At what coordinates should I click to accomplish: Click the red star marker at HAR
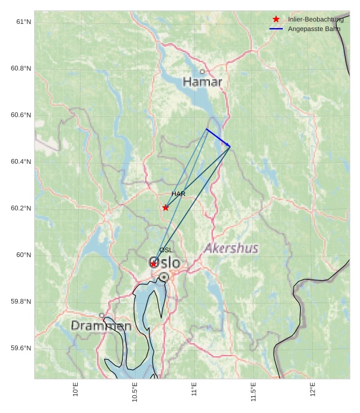(166, 207)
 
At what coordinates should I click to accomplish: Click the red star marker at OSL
(154, 264)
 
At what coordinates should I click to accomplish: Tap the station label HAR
(178, 194)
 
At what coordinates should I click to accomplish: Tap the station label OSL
(166, 250)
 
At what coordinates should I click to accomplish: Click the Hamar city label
(202, 82)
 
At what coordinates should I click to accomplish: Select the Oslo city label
(164, 263)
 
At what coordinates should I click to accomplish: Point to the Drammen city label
(101, 326)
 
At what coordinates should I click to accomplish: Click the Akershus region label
(231, 248)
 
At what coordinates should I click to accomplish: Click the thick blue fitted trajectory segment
(218, 137)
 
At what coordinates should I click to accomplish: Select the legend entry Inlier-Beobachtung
(315, 20)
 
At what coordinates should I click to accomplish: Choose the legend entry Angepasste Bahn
(314, 29)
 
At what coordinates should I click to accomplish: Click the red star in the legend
(276, 19)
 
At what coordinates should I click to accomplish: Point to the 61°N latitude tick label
(23, 22)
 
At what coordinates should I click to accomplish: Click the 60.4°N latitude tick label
(21, 162)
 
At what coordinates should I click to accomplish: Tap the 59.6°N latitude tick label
(21, 348)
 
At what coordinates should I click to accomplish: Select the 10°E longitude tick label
(75, 390)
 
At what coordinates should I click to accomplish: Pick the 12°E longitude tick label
(313, 390)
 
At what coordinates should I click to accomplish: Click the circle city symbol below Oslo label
(164, 277)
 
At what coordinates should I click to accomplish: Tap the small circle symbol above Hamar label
(202, 72)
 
